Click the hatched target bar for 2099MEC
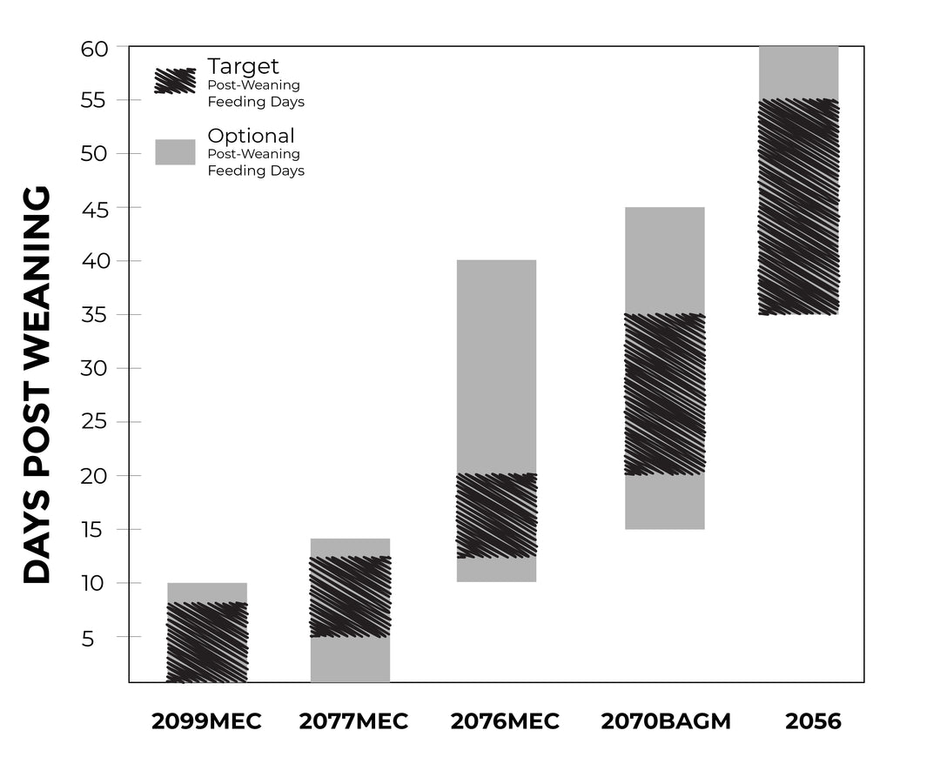pos(206,642)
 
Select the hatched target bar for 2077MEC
pos(350,596)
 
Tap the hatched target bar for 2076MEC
pos(496,515)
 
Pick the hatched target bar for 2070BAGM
pos(664,394)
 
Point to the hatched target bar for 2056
pos(798,206)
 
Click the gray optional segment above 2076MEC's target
pos(496,365)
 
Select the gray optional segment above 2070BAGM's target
pos(664,260)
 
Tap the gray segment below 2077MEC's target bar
pos(350,659)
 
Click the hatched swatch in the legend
pos(175,81)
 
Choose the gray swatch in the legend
pos(175,151)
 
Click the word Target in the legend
pos(243,66)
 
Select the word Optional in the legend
pos(251,136)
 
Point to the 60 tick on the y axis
pos(95,48)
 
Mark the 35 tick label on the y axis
pos(95,315)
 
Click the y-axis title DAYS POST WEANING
pos(37,384)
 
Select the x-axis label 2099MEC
pos(206,721)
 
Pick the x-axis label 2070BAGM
pos(666,721)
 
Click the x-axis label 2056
pos(813,721)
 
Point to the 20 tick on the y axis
pos(95,476)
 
